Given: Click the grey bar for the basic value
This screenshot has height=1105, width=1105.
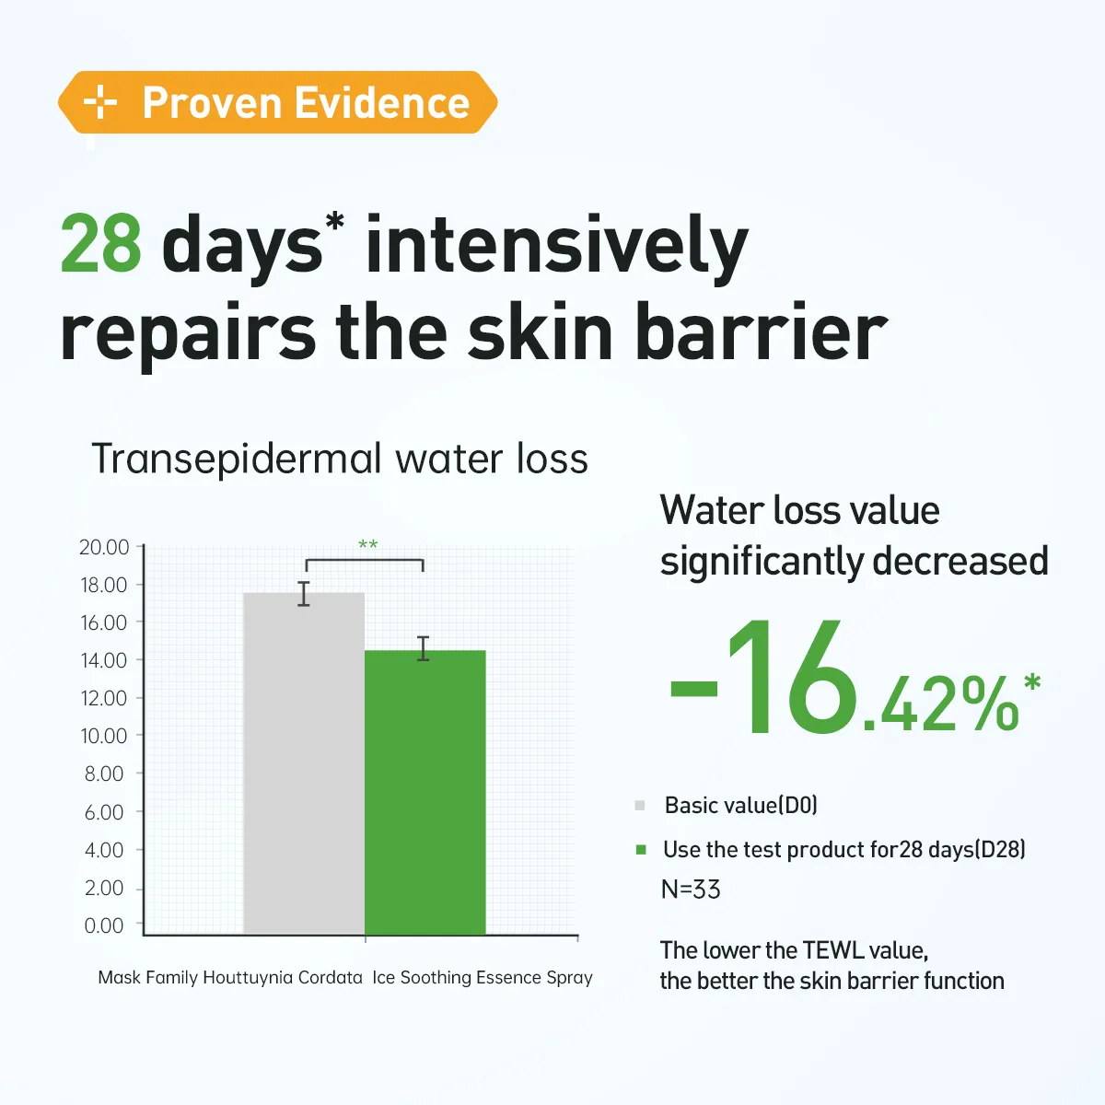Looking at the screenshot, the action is tap(304, 763).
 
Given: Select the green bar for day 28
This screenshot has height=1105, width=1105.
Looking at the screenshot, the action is tap(425, 792).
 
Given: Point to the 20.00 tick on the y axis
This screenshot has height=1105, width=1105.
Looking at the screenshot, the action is tap(140, 547).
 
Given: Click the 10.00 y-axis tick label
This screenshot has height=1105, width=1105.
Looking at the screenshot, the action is tap(104, 736).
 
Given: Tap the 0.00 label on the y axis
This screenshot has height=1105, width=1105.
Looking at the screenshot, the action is tap(104, 925).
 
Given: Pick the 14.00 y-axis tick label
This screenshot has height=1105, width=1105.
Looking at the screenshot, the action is tap(104, 660).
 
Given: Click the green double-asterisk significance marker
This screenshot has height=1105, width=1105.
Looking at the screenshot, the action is tap(367, 543).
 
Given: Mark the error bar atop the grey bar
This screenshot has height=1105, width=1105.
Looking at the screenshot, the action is tap(304, 594).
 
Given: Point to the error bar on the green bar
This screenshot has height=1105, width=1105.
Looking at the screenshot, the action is tap(424, 648).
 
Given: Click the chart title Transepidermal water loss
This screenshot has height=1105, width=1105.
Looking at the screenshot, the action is tap(340, 459).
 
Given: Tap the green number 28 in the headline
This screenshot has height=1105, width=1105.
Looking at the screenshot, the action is tap(100, 243).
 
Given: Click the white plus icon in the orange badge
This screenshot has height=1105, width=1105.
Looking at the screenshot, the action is tap(100, 102).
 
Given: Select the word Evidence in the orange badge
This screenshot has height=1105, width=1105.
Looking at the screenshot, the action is tap(382, 102).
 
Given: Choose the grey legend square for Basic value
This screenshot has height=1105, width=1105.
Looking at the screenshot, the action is tap(640, 805).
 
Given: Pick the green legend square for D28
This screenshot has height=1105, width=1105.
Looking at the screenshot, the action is tap(641, 849).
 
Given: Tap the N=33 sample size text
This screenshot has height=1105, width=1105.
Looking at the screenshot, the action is tap(691, 890).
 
